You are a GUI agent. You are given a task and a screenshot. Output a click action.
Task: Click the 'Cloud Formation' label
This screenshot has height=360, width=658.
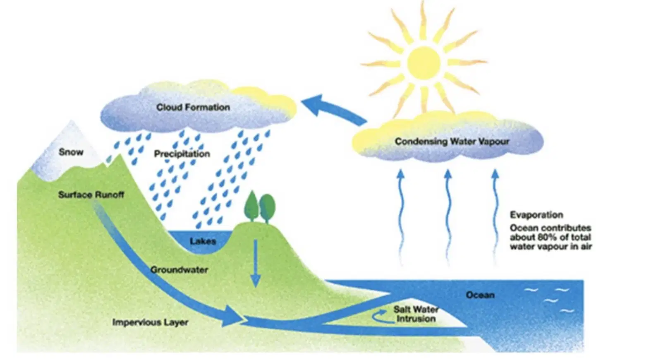coord(193,107)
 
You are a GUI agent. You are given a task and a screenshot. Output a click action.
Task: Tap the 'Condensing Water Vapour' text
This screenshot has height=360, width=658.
coord(452,142)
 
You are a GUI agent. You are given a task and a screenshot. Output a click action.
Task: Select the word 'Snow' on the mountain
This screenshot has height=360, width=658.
coord(71,152)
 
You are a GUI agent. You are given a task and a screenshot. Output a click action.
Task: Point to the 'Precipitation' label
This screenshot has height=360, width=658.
coord(182,154)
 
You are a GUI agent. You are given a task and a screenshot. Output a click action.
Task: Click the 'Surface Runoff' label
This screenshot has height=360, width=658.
coord(91,194)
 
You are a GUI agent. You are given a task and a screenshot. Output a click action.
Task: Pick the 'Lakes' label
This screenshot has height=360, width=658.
coord(203,241)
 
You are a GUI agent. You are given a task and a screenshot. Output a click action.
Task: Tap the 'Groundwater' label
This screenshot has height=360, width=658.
coord(179,270)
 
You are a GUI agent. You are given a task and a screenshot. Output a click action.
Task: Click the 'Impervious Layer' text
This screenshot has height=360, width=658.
coord(150,322)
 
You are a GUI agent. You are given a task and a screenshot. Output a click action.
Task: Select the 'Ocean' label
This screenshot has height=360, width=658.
coord(480,295)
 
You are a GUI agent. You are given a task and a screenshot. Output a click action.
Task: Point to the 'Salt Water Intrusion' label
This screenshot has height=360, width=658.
coord(416,314)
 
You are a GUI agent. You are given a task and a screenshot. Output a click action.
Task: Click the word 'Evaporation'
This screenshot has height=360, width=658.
coord(536,215)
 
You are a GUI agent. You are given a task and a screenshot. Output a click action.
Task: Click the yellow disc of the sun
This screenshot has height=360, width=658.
coord(424,63)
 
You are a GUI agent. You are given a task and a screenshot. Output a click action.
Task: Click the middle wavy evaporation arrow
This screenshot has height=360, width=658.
coord(447,218)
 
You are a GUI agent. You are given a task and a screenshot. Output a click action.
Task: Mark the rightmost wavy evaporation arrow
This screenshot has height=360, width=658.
coord(495,218)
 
